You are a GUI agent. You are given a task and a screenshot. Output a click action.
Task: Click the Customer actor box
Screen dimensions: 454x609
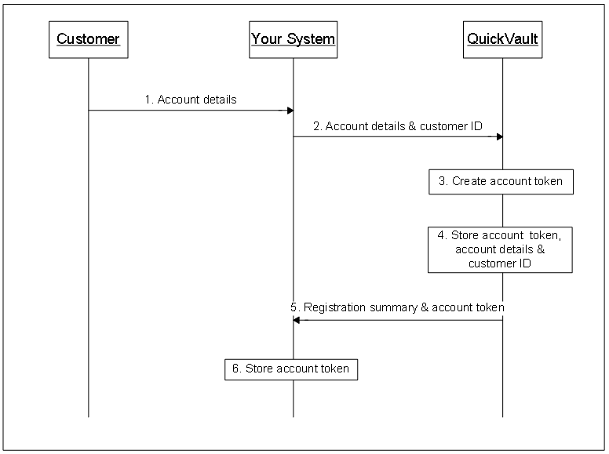coord(88,38)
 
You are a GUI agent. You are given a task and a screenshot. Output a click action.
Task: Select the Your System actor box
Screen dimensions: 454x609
coord(293,38)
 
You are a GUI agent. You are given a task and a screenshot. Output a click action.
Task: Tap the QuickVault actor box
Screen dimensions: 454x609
coord(502,38)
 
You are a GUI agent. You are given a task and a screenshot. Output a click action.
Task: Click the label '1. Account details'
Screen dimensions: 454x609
coord(190,100)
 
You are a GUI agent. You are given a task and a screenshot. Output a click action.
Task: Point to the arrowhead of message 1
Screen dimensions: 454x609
coord(290,111)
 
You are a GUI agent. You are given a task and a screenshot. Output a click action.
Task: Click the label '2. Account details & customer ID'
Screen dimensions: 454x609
coord(398,125)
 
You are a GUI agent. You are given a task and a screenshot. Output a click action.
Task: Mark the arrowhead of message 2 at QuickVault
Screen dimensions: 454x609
coord(499,136)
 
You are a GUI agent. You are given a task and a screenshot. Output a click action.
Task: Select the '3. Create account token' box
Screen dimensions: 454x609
coord(501,181)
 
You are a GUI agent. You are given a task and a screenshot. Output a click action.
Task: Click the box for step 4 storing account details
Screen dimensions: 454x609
coord(500,249)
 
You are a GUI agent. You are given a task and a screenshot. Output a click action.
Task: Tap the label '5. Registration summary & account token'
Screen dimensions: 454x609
coord(397,307)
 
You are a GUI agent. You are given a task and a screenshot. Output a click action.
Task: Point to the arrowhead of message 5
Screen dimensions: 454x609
coord(297,320)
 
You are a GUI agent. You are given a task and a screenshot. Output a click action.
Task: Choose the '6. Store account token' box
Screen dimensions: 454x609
coord(292,369)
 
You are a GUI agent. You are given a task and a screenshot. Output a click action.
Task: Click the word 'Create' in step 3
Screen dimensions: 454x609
coord(469,181)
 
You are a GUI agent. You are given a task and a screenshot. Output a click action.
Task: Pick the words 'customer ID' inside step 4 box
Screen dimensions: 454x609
coord(499,263)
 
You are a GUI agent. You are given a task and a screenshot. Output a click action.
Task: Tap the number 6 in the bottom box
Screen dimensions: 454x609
coord(235,369)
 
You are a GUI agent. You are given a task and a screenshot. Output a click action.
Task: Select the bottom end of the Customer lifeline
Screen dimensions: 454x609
coord(88,416)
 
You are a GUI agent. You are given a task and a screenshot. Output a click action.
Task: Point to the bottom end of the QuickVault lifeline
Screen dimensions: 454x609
coord(502,416)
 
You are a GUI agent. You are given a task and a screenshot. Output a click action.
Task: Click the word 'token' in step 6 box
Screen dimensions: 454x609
coord(334,369)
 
